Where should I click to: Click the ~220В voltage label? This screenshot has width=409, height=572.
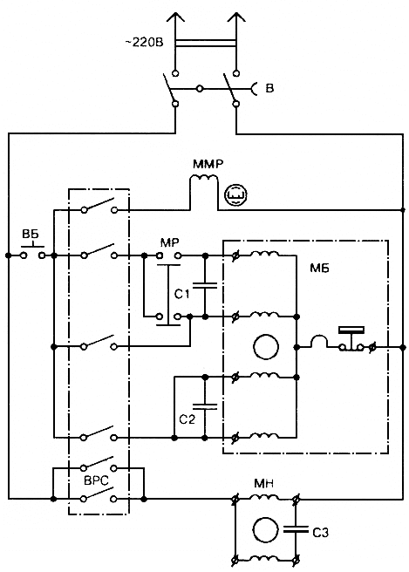click(x=144, y=43)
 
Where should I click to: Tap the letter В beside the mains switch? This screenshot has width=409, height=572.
click(x=269, y=88)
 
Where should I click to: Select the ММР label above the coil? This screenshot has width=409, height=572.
click(x=208, y=164)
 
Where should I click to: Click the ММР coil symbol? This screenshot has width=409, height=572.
click(x=203, y=179)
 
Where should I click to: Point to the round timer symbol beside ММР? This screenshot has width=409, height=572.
click(x=235, y=194)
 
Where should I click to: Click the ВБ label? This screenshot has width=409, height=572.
click(x=31, y=234)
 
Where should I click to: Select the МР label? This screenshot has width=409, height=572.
click(x=170, y=242)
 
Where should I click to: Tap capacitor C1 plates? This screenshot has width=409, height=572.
click(x=205, y=286)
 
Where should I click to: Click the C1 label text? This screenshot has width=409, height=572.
click(x=182, y=294)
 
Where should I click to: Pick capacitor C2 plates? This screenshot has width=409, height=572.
click(x=205, y=406)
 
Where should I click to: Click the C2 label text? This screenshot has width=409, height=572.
click(x=187, y=419)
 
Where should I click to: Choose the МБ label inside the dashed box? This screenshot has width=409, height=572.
click(x=319, y=269)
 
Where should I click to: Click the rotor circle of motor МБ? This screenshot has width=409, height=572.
click(x=266, y=347)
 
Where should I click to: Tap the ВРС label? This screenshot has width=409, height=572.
click(x=96, y=480)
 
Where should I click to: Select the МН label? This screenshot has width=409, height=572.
click(x=263, y=484)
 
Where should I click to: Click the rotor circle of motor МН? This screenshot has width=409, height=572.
click(x=265, y=529)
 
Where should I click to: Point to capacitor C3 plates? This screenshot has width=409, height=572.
click(x=296, y=529)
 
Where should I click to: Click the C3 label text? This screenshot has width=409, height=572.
click(x=320, y=533)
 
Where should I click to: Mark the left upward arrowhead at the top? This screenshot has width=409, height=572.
click(x=176, y=17)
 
